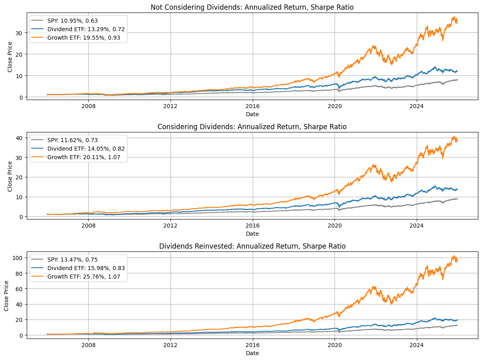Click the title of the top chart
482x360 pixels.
(252, 7)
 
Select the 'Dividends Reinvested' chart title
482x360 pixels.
(252, 246)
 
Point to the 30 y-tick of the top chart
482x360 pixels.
(21, 32)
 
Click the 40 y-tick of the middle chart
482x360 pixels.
(21, 137)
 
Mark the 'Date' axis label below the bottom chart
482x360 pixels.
(252, 353)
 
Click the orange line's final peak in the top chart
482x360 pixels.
(454, 17)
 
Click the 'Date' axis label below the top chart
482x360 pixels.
(252, 114)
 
